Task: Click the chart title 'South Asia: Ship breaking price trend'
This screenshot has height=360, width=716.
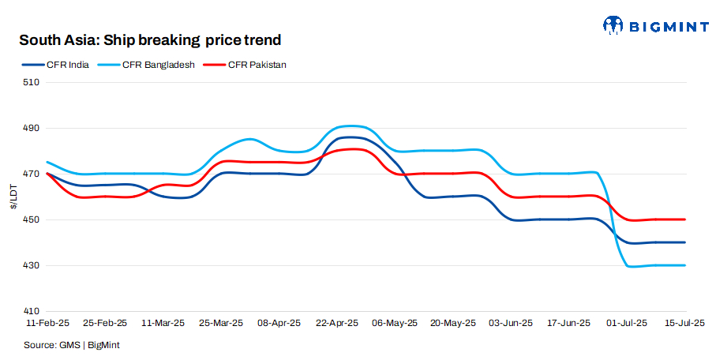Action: tap(150, 39)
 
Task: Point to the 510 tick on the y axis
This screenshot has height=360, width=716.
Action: tap(32, 82)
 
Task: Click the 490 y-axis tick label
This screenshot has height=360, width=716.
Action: tap(32, 128)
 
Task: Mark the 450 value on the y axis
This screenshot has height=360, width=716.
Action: tap(32, 219)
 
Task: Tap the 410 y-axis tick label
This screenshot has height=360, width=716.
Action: tap(32, 311)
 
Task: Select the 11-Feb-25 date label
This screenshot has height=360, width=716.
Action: tap(47, 323)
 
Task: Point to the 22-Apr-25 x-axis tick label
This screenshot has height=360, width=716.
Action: tap(337, 323)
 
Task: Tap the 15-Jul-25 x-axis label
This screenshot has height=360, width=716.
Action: tap(684, 323)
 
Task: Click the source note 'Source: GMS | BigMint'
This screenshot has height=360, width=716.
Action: tap(71, 345)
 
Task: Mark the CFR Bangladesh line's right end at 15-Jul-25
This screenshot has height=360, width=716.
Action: tap(684, 265)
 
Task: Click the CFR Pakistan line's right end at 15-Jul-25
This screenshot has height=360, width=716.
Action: tap(684, 219)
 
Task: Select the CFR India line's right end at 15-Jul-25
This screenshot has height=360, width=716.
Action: tap(684, 242)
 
